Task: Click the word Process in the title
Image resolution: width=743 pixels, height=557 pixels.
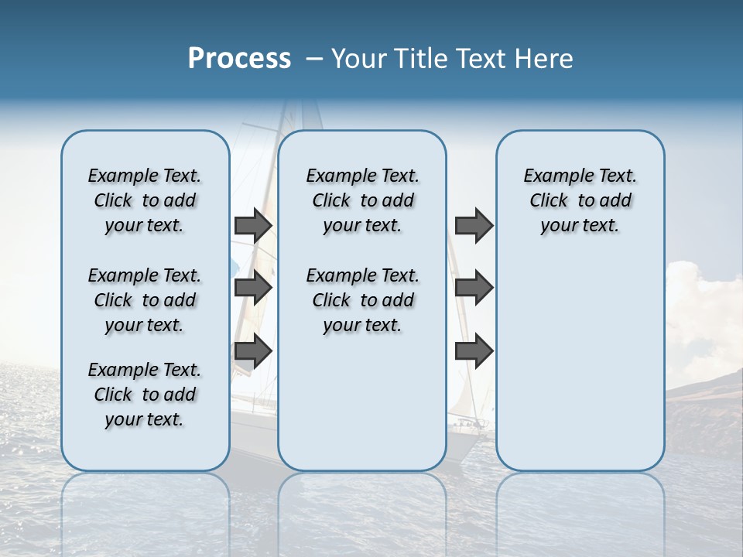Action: tap(239, 59)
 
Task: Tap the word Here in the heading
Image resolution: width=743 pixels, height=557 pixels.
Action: tap(543, 59)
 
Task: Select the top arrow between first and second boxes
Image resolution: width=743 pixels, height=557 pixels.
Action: tap(253, 225)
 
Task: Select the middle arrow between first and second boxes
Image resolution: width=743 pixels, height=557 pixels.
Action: tap(253, 288)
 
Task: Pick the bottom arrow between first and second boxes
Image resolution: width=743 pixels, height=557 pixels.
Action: tap(253, 351)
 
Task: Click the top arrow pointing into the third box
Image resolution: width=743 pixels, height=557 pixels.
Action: tap(474, 225)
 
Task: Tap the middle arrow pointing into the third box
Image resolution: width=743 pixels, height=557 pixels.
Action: tap(474, 288)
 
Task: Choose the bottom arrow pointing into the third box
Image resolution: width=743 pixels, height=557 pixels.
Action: tap(474, 351)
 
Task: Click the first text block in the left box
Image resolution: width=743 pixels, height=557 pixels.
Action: tap(145, 200)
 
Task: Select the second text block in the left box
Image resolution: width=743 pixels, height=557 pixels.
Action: tap(145, 300)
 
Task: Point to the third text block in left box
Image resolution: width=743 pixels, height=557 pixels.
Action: tap(145, 395)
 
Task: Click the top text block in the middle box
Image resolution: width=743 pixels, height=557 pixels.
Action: tap(362, 200)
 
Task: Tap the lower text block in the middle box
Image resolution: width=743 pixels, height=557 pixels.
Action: tap(362, 300)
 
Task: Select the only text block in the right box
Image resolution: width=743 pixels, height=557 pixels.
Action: tap(580, 200)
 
